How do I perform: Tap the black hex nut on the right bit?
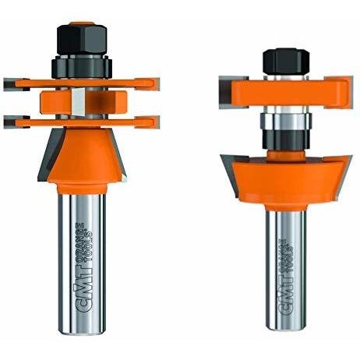pyautogui.click(x=286, y=62)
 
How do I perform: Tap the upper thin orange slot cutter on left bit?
pyautogui.click(x=82, y=83)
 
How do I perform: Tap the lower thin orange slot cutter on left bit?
pyautogui.click(x=82, y=122)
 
